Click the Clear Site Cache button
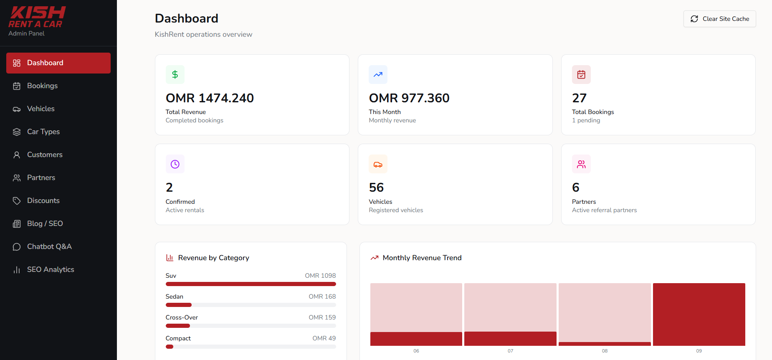pyautogui.click(x=719, y=19)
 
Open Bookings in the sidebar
pyautogui.click(x=58, y=86)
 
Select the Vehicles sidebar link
pyautogui.click(x=58, y=109)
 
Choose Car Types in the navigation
pyautogui.click(x=58, y=132)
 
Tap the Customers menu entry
pyautogui.click(x=58, y=155)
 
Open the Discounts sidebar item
pyautogui.click(x=58, y=200)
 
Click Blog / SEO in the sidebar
pyautogui.click(x=58, y=223)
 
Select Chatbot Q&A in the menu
pyautogui.click(x=58, y=246)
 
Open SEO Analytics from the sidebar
pyautogui.click(x=58, y=269)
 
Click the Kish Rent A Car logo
pyautogui.click(x=37, y=18)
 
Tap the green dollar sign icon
pyautogui.click(x=175, y=74)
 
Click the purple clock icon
pyautogui.click(x=175, y=164)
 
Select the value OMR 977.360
pyautogui.click(x=409, y=98)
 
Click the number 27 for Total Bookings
pyautogui.click(x=580, y=98)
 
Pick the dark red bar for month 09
pyautogui.click(x=699, y=314)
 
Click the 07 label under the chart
pyautogui.click(x=510, y=351)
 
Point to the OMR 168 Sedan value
pyautogui.click(x=322, y=297)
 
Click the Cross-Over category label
pyautogui.click(x=182, y=317)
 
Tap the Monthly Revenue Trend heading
pyautogui.click(x=422, y=258)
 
